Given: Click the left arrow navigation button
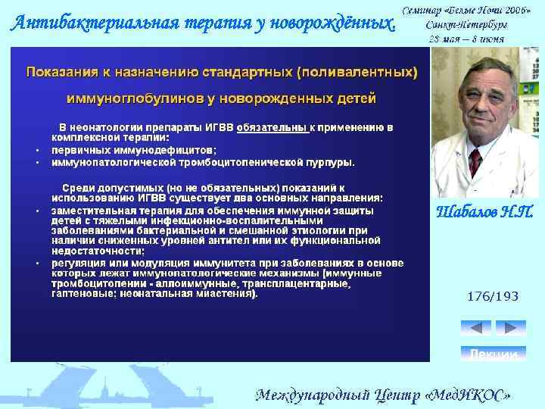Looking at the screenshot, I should [475, 328].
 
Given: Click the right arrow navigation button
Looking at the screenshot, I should [510, 328].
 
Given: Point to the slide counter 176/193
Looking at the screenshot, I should [493, 296].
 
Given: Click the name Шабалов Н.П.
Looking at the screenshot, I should [486, 212].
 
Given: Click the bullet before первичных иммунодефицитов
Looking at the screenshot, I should [37, 150].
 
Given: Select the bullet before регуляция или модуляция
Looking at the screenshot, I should [37, 263].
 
